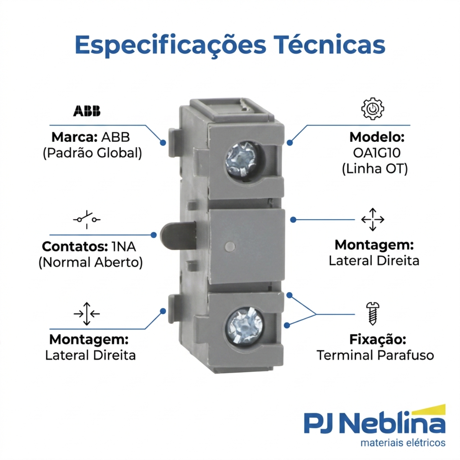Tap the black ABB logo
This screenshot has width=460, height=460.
pyautogui.click(x=87, y=111)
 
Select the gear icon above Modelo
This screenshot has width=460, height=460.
pyautogui.click(x=373, y=108)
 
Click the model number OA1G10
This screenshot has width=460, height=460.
pyautogui.click(x=377, y=153)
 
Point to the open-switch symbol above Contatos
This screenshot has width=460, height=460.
pyautogui.click(x=87, y=219)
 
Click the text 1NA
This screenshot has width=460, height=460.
pyautogui.click(x=124, y=246)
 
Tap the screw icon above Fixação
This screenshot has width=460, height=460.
pyautogui.click(x=373, y=314)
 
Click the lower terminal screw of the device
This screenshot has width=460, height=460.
pyautogui.click(x=244, y=325)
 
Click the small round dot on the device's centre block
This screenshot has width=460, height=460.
pyautogui.click(x=230, y=246)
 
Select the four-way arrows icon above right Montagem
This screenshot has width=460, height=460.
pyautogui.click(x=373, y=220)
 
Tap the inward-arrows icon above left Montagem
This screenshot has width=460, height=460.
pyautogui.click(x=87, y=314)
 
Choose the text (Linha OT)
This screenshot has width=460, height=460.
pyautogui.click(x=375, y=169)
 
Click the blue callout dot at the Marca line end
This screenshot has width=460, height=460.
pyautogui.click(x=163, y=143)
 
